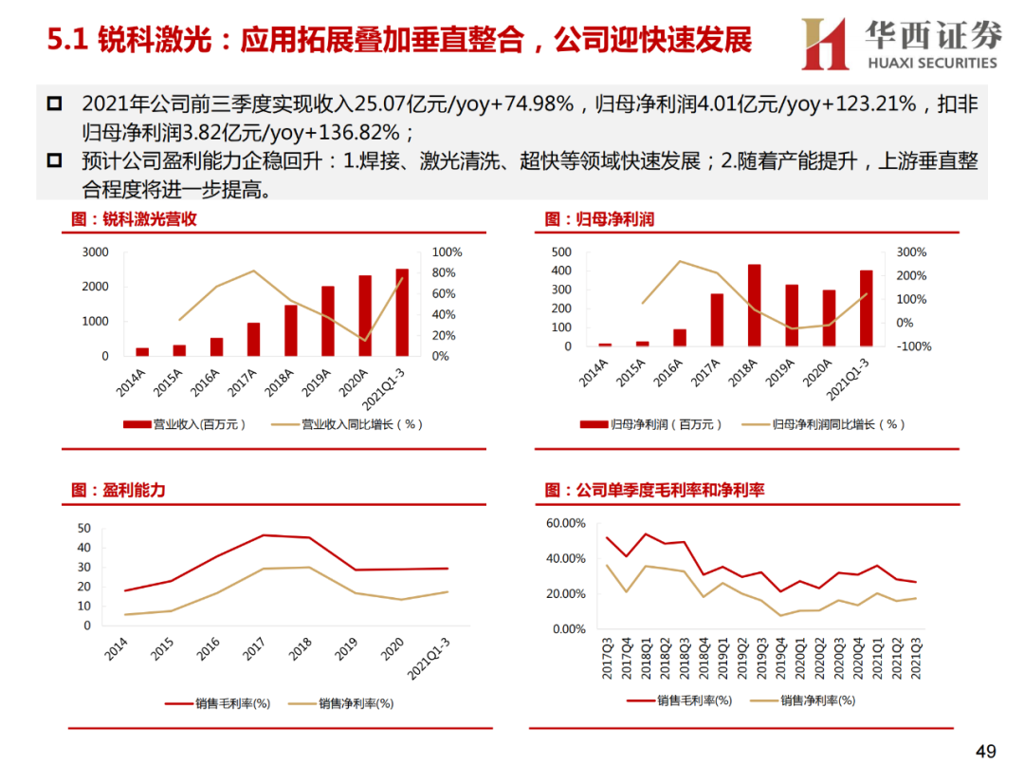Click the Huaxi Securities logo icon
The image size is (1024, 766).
[x=824, y=44]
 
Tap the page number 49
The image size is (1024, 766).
[x=986, y=752]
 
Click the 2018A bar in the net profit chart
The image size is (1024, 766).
[x=755, y=305]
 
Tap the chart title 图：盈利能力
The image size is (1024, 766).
[x=119, y=490]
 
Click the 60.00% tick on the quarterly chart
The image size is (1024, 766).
[x=566, y=523]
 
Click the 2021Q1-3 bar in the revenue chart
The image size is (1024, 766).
[x=402, y=312]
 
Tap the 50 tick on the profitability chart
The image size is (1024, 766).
[x=84, y=529]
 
